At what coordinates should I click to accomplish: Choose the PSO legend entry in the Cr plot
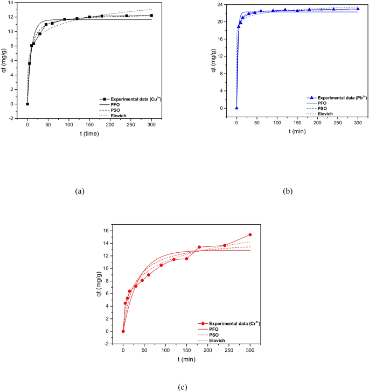[218, 335]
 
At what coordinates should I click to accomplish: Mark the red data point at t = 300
[250, 234]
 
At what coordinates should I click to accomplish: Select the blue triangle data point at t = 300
[358, 9]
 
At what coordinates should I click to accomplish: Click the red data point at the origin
[123, 331]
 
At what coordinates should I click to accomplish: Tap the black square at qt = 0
[27, 104]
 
